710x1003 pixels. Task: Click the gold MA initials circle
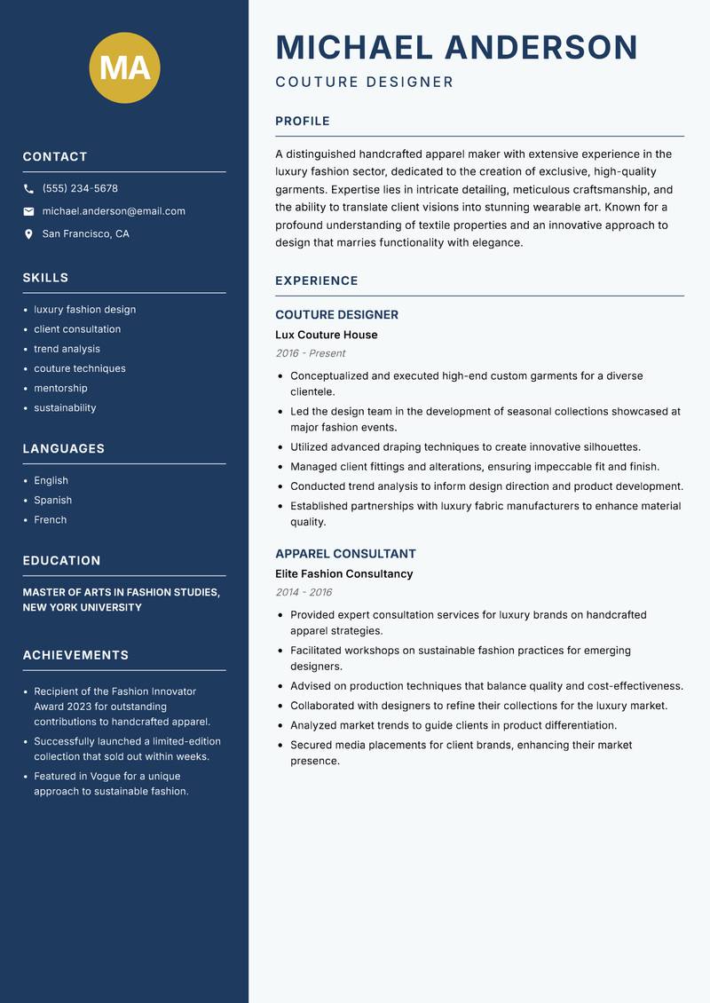(125, 67)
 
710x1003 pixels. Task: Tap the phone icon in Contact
(28, 189)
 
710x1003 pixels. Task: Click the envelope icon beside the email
(28, 211)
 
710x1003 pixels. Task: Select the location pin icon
(28, 234)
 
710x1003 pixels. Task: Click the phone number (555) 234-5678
(80, 189)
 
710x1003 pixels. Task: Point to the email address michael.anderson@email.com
(114, 211)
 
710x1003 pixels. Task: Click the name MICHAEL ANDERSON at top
(456, 47)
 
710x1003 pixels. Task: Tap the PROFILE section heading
(303, 122)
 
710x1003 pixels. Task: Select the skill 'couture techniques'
(80, 368)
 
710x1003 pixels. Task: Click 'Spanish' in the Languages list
(53, 500)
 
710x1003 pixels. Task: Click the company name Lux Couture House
(327, 335)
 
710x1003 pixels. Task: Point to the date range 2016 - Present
(311, 353)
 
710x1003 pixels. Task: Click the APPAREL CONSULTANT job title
(345, 554)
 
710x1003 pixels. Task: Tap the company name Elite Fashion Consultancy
(344, 574)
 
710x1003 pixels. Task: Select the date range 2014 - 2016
(304, 592)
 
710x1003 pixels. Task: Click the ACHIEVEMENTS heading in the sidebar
(75, 655)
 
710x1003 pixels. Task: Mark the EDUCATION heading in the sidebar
(62, 561)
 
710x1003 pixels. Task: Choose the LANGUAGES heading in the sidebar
(64, 449)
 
